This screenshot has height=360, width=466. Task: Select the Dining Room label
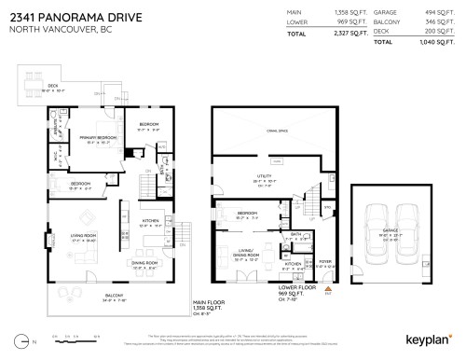pos(144,263)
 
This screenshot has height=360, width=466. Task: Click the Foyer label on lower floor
pos(324,262)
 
